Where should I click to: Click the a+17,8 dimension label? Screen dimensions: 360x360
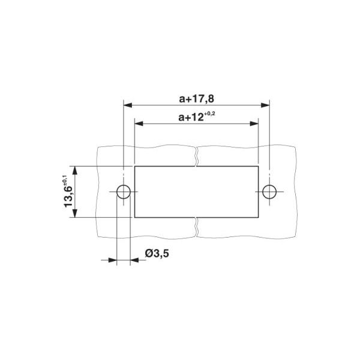coord(196,97)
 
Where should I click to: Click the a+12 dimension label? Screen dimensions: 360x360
coord(191,117)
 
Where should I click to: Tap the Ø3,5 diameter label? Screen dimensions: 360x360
coord(157,254)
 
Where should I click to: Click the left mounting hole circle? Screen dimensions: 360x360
coord(123,192)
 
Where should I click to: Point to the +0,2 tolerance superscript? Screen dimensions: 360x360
coord(209,113)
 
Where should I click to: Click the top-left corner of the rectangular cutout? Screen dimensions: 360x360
coord(134,166)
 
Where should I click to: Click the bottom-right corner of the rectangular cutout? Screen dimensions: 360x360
coord(258,218)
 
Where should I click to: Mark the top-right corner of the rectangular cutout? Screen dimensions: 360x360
coord(258,166)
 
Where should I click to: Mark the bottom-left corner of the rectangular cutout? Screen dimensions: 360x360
coord(134,218)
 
